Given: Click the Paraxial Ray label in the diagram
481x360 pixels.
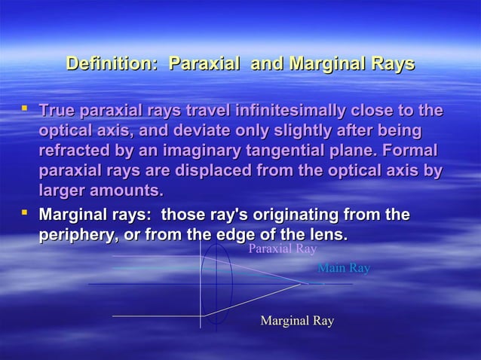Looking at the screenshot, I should click(x=282, y=249).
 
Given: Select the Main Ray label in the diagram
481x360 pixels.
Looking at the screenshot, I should click(x=344, y=268).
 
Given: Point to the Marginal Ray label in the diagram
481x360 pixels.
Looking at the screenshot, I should click(x=296, y=322).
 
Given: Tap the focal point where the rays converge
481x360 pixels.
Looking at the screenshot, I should click(x=305, y=284).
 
